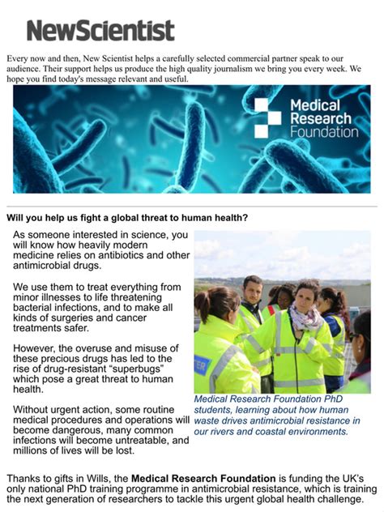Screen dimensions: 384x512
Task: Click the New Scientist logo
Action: [x=100, y=31]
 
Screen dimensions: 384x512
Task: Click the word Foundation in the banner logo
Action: [x=323, y=130]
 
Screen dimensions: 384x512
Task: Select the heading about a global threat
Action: [x=127, y=217]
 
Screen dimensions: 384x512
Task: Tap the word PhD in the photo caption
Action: [x=333, y=399]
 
